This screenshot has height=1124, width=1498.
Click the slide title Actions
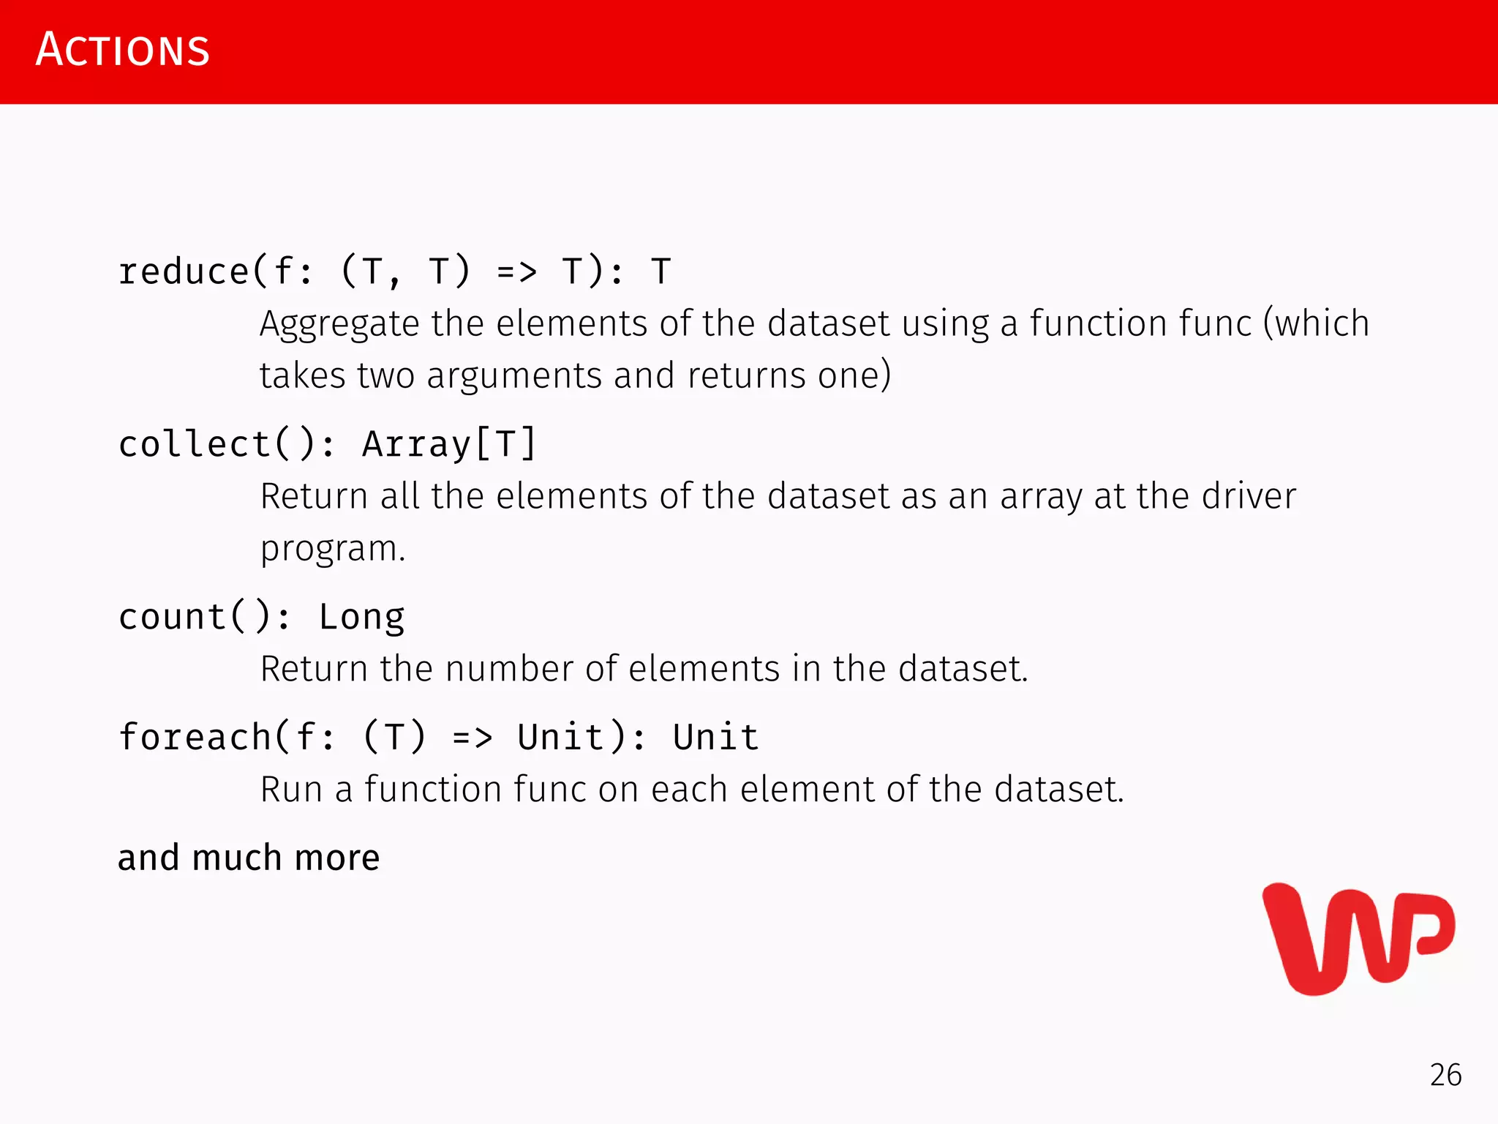pyautogui.click(x=123, y=50)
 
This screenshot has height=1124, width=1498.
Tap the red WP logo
pyautogui.click(x=1358, y=940)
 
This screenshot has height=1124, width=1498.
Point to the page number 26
pyautogui.click(x=1445, y=1075)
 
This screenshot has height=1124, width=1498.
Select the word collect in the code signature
pyautogui.click(x=195, y=444)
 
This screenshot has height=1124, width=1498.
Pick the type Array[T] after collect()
pyautogui.click(x=449, y=444)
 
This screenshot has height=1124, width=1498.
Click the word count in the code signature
pyautogui.click(x=173, y=617)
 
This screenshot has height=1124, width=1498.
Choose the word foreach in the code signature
pyautogui.click(x=195, y=737)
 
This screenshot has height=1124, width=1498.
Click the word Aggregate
pyautogui.click(x=339, y=324)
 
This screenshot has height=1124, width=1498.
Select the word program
pyautogui.click(x=333, y=549)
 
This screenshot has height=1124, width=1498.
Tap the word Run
pyautogui.click(x=291, y=790)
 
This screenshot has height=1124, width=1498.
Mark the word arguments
pyautogui.click(x=513, y=376)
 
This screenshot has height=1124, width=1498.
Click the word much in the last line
pyautogui.click(x=236, y=858)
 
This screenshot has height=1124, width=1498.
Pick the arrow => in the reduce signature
pyautogui.click(x=516, y=272)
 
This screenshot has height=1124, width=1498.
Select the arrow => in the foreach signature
pyautogui.click(x=472, y=737)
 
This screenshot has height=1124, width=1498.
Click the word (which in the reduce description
pyautogui.click(x=1317, y=323)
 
